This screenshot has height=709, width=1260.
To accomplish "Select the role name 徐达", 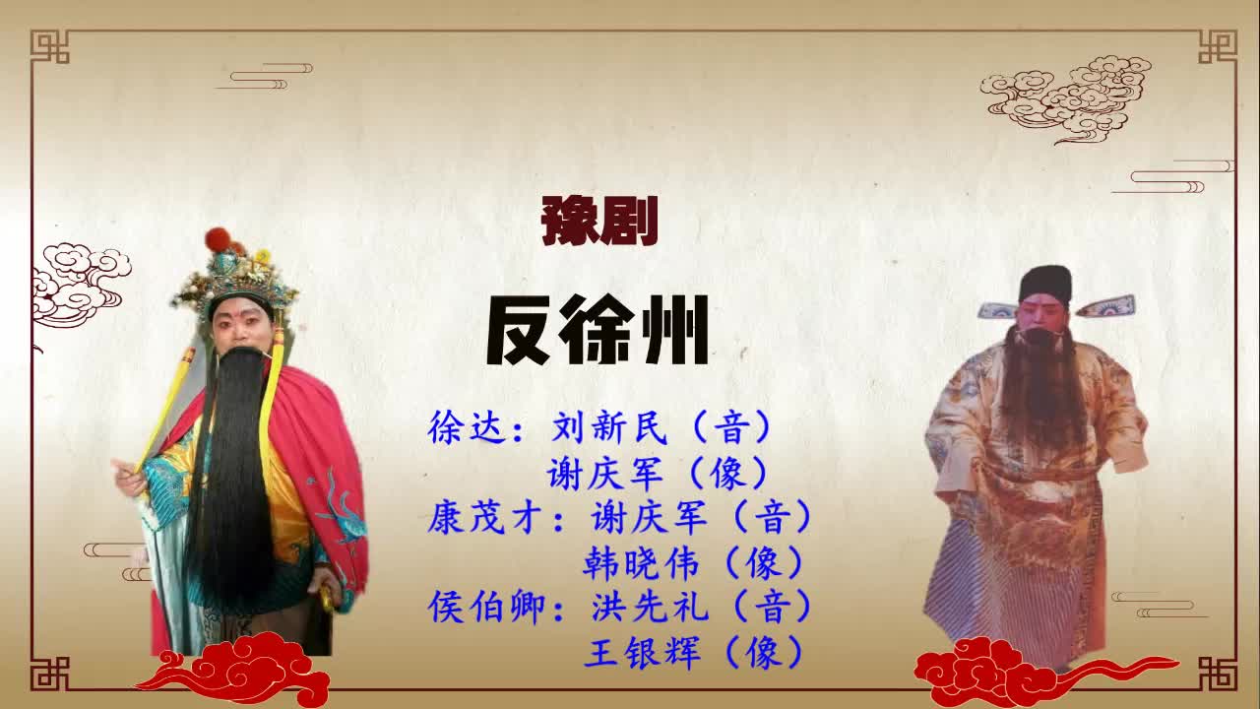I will point(468,428).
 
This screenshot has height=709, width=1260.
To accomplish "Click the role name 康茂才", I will point(486,517).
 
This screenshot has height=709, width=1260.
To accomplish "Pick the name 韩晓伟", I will point(641,563).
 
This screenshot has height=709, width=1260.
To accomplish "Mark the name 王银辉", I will point(641,652).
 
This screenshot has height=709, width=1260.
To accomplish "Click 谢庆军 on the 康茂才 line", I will point(650,517).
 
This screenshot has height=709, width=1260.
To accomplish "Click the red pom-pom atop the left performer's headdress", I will point(218,239).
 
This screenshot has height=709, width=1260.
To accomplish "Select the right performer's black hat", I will point(1044,283).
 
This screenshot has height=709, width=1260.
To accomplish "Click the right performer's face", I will point(1040,318).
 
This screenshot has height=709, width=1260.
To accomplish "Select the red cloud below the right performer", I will point(994,670).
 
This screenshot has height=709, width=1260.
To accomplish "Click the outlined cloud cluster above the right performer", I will point(1068,97).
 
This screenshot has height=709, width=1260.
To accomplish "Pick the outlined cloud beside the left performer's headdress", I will point(79,281).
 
